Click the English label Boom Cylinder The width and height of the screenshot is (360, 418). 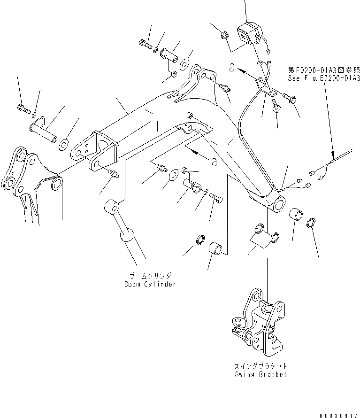(x=150, y=284)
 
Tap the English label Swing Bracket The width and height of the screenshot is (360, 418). (x=260, y=374)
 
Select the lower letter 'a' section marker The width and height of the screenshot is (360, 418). (x=214, y=162)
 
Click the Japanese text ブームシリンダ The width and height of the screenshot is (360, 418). (x=151, y=276)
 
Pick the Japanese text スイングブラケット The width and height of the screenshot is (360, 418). (x=260, y=366)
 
